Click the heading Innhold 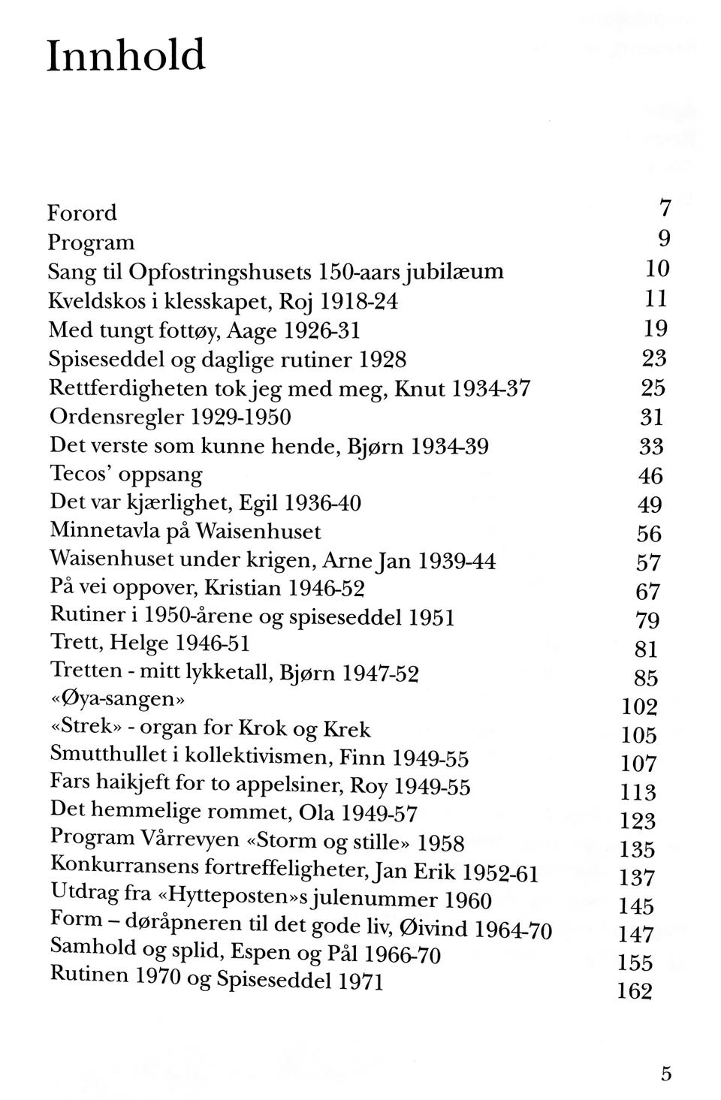(125, 56)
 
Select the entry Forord (83, 213)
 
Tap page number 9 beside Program (663, 239)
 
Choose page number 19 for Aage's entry (656, 328)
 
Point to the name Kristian (244, 588)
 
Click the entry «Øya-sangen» (117, 700)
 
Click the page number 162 (635, 991)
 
